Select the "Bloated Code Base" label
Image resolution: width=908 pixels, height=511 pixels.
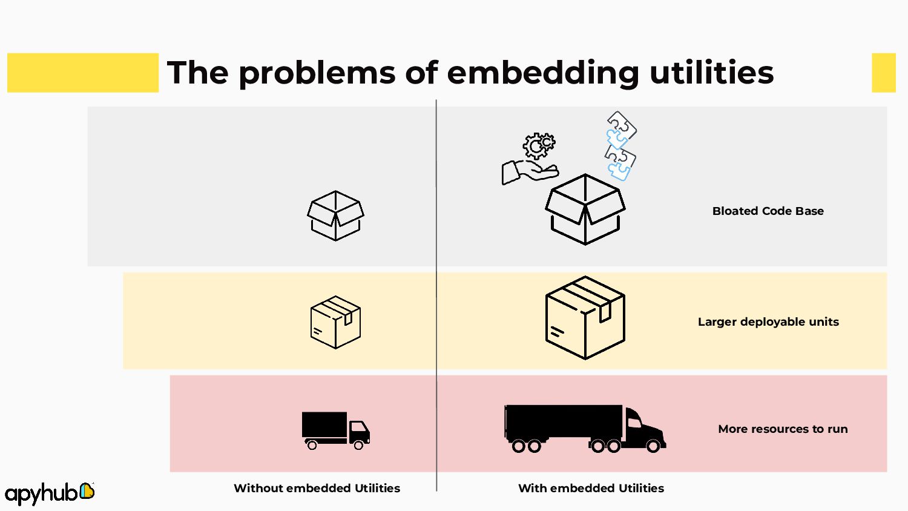point(768,211)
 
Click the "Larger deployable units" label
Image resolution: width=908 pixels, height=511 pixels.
point(768,321)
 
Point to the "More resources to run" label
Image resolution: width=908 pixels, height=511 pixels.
point(783,429)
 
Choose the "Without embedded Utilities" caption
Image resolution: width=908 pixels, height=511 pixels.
point(317,488)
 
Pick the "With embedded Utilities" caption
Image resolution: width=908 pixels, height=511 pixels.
point(591,488)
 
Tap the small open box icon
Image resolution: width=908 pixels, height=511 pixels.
point(335,216)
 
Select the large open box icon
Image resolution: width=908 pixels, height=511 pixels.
point(585,209)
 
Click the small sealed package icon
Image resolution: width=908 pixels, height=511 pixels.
point(335,322)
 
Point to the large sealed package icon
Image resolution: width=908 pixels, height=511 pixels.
point(585,317)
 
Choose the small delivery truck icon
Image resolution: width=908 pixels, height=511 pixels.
point(335,430)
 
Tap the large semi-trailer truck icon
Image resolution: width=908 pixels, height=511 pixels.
point(584,429)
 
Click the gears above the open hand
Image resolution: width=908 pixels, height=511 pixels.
point(538,145)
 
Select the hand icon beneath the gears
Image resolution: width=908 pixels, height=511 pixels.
point(528,172)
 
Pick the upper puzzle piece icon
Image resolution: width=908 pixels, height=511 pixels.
point(620,128)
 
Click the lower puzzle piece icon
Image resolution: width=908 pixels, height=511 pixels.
point(620,163)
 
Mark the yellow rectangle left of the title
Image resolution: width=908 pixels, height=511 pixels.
point(83,73)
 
